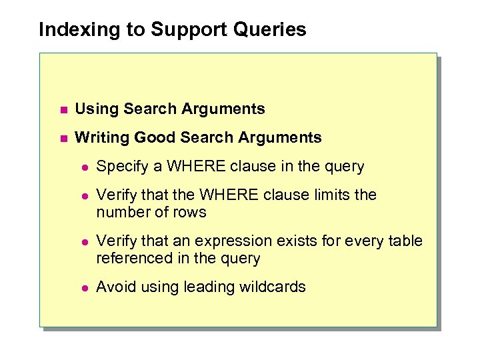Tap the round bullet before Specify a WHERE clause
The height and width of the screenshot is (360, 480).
tap(85, 167)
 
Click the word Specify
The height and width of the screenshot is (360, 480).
tap(122, 167)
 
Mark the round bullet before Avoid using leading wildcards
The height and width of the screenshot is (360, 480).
tap(85, 288)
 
